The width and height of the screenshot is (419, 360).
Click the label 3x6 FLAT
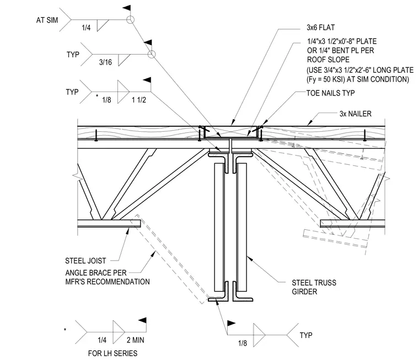click(320, 28)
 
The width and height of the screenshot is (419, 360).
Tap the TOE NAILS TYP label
click(331, 93)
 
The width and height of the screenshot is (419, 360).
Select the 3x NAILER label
click(356, 114)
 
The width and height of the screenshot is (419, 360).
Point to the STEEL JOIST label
click(85, 261)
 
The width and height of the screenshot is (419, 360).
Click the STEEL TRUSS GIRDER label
click(314, 287)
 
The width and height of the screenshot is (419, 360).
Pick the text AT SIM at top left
click(47, 20)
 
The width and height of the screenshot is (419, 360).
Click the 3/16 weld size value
click(105, 62)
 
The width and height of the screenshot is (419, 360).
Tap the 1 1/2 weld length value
click(139, 100)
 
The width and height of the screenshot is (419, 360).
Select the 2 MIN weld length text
click(135, 340)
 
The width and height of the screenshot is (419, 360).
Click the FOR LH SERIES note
click(112, 353)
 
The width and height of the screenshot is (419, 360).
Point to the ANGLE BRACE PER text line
click(96, 273)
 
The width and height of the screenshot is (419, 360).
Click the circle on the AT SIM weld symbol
click(130, 20)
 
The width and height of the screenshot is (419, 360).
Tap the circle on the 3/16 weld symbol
click(152, 54)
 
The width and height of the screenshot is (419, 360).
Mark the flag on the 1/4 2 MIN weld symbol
click(143, 320)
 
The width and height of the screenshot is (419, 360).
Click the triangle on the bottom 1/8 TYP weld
click(259, 335)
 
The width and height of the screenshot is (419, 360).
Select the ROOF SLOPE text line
click(328, 60)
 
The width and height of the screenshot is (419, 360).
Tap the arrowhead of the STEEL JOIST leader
click(128, 231)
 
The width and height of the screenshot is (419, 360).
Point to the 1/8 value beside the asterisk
click(106, 100)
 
